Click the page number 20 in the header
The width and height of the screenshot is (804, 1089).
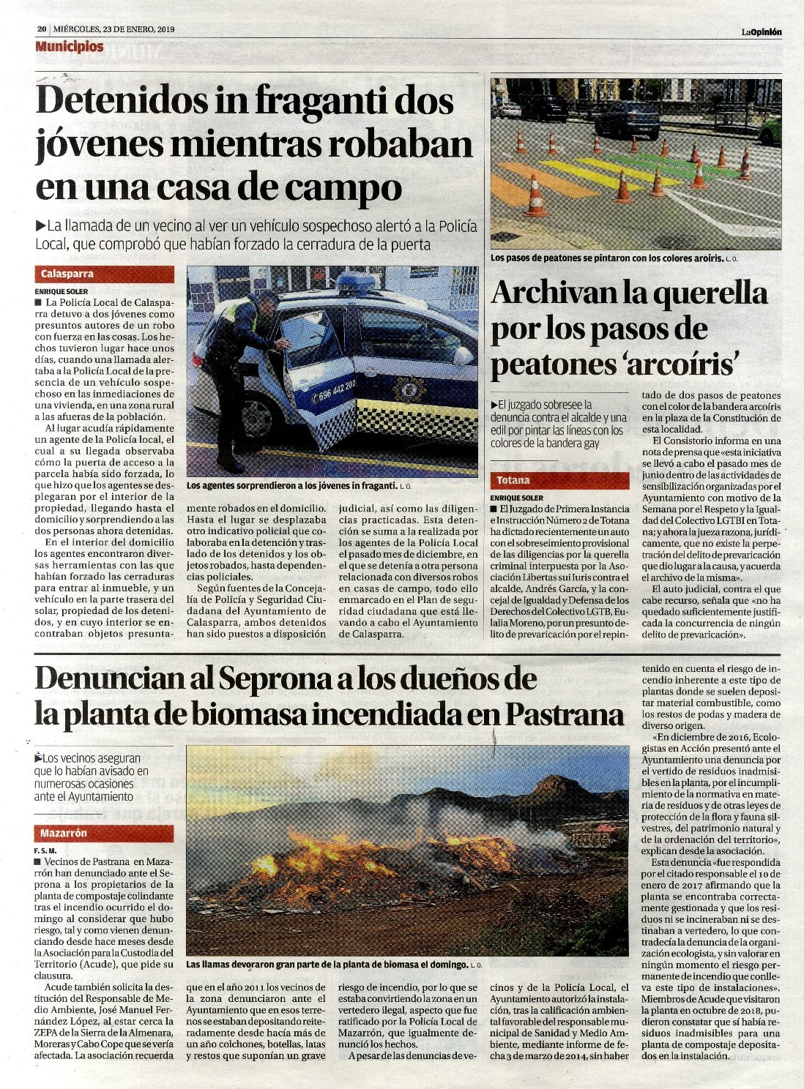point(42,30)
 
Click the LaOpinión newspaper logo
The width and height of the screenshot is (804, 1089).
point(761,31)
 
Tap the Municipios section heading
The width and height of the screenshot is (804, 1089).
point(70,47)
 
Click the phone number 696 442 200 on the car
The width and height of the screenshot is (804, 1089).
point(335,385)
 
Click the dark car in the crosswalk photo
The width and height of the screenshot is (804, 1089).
point(628,119)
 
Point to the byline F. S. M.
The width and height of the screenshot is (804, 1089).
point(45,850)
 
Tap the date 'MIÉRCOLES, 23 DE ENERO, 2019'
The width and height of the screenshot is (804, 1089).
point(113,30)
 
